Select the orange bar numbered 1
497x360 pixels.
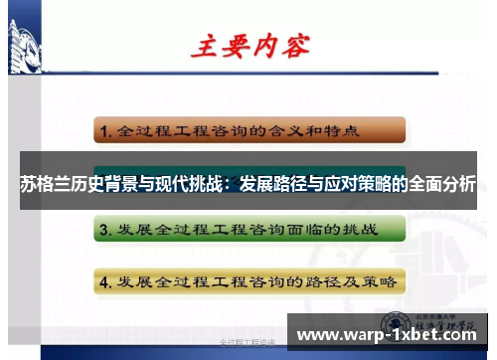point(249,129)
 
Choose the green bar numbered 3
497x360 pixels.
point(249,229)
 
